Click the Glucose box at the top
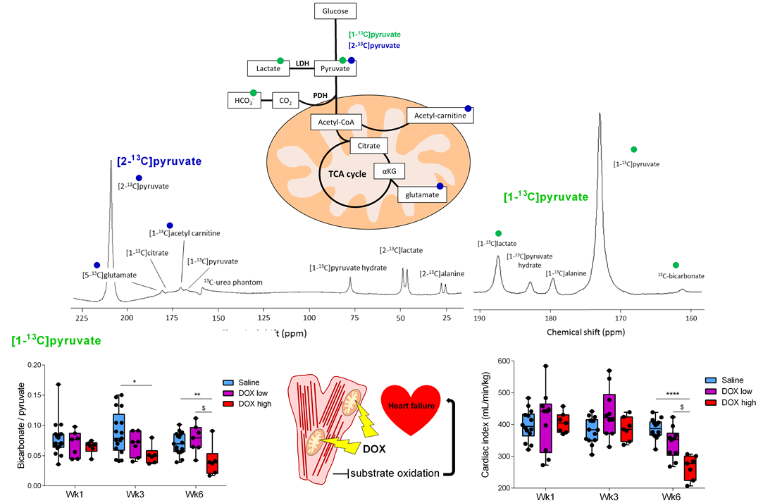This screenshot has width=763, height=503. pyautogui.click(x=335, y=11)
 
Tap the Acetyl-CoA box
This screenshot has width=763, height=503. pyautogui.click(x=335, y=123)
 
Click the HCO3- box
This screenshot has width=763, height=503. pyautogui.click(x=244, y=101)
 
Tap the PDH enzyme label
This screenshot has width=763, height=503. pyautogui.click(x=321, y=94)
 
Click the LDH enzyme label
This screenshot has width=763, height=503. pyautogui.click(x=302, y=63)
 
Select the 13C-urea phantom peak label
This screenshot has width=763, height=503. pyautogui.click(x=232, y=282)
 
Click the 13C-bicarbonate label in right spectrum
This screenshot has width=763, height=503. pyautogui.click(x=681, y=275)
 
